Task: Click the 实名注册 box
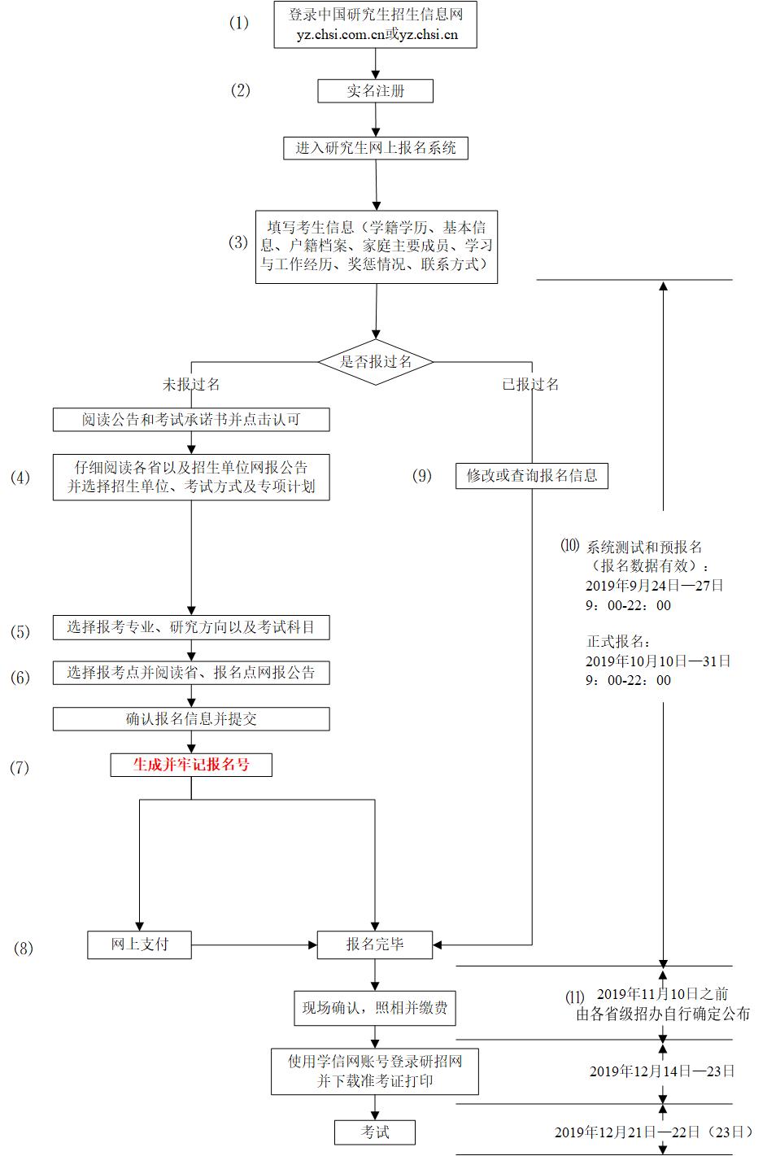pyautogui.click(x=375, y=91)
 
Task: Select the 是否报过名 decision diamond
pyautogui.click(x=375, y=361)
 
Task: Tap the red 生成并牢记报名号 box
pyautogui.click(x=191, y=765)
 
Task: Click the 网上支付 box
pyautogui.click(x=140, y=944)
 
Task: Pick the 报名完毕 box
pyautogui.click(x=375, y=944)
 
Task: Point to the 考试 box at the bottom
pyautogui.click(x=375, y=1132)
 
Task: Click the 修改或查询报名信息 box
pyautogui.click(x=532, y=476)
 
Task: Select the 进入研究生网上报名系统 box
pyautogui.click(x=375, y=148)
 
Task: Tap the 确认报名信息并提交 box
pyautogui.click(x=191, y=719)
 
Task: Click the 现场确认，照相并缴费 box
pyautogui.click(x=375, y=1008)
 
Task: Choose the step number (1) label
pyautogui.click(x=238, y=23)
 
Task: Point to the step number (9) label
pyautogui.click(x=421, y=476)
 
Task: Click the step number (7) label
pyautogui.click(x=20, y=767)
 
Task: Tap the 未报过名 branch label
pyautogui.click(x=191, y=384)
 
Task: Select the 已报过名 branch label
pyautogui.click(x=530, y=384)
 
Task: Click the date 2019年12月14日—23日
pyautogui.click(x=662, y=1071)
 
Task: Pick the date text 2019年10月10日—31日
pyautogui.click(x=658, y=661)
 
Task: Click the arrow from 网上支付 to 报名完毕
pyautogui.click(x=254, y=944)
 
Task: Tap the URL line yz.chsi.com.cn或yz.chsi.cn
pyautogui.click(x=377, y=35)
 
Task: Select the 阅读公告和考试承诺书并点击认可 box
pyautogui.click(x=191, y=420)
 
